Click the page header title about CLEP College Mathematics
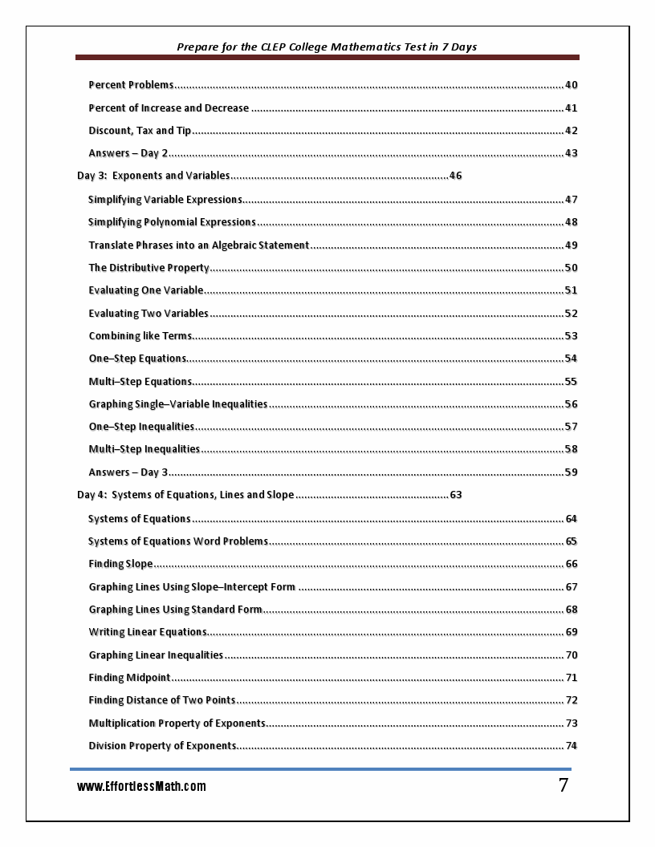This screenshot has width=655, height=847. click(x=327, y=47)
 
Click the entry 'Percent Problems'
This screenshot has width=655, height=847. click(x=131, y=85)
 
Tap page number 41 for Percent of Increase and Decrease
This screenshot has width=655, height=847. click(x=571, y=108)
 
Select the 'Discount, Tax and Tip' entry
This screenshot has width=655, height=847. click(x=140, y=131)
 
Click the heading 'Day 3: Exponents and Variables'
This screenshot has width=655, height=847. click(x=153, y=176)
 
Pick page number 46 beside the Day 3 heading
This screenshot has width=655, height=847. click(x=455, y=176)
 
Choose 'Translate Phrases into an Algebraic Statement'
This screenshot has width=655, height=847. click(x=198, y=245)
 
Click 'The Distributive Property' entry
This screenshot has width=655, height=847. click(x=148, y=268)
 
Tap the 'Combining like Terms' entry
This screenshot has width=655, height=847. click(x=140, y=336)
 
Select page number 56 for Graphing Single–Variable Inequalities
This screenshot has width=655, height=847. click(x=571, y=404)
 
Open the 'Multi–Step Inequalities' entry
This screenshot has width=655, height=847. click(x=144, y=449)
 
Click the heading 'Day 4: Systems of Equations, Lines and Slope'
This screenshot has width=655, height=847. click(x=185, y=495)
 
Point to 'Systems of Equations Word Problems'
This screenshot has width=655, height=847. click(x=178, y=541)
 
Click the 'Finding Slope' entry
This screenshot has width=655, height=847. click(x=120, y=564)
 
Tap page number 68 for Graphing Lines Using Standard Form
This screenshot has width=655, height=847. click(x=571, y=610)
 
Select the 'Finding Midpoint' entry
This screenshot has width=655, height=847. click(x=129, y=678)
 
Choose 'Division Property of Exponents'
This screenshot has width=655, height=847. click(x=162, y=746)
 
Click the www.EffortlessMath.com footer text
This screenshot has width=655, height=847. click(x=141, y=787)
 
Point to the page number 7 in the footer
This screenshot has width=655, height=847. click(x=563, y=786)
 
